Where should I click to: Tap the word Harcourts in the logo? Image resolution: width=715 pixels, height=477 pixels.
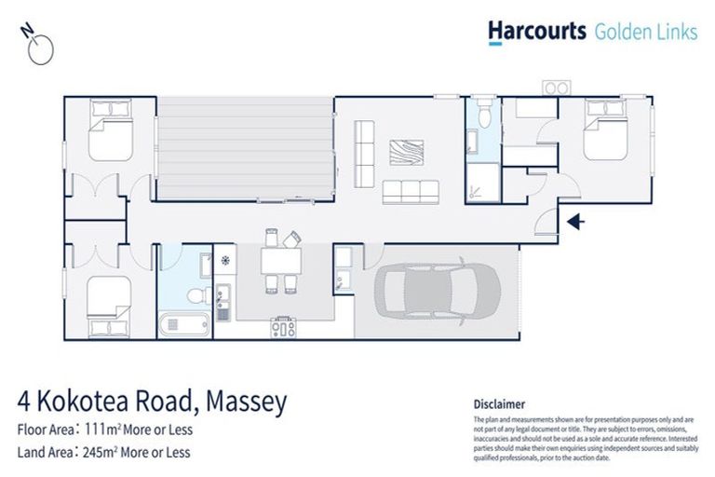tap(536, 32)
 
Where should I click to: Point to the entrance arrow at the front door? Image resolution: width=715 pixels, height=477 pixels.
tap(576, 221)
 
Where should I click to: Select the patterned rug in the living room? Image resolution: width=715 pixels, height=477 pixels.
tap(406, 153)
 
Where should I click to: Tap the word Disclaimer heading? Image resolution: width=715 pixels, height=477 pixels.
tap(499, 404)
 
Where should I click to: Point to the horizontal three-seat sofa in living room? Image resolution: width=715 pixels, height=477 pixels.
tap(410, 193)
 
